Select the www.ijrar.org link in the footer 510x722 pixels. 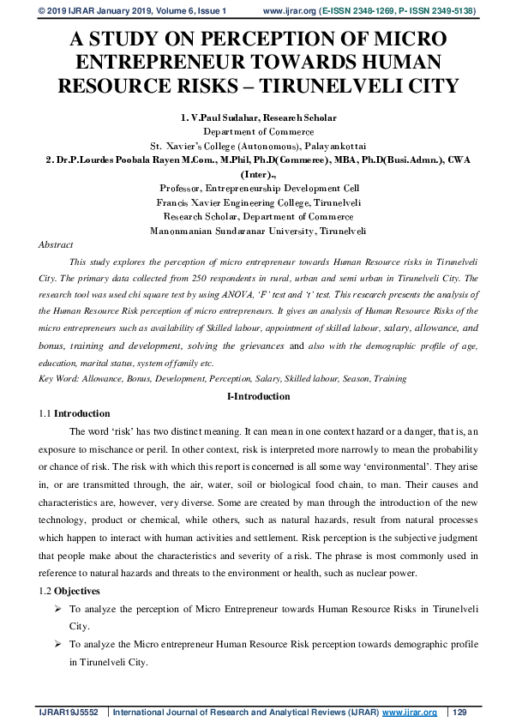(x=409, y=713)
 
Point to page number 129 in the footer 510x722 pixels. (x=459, y=713)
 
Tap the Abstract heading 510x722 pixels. (x=56, y=244)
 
